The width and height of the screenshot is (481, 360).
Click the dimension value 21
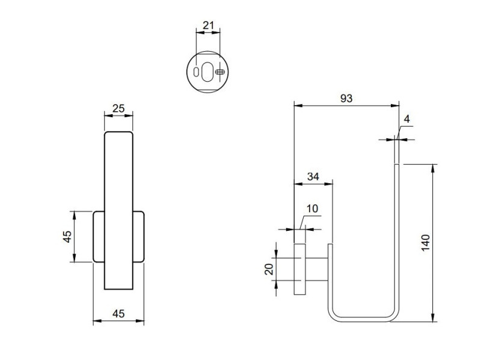click(209, 25)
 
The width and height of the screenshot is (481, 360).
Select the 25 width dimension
click(118, 109)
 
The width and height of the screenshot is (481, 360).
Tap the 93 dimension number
click(346, 98)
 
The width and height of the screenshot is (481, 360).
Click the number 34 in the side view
click(313, 177)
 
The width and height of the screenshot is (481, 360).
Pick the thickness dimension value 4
click(406, 119)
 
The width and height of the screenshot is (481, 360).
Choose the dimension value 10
click(311, 209)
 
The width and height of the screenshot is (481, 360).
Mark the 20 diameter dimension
click(269, 268)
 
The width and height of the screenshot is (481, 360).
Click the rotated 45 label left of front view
click(67, 236)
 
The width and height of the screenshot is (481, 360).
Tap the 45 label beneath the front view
click(118, 313)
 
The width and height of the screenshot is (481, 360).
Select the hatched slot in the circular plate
click(221, 72)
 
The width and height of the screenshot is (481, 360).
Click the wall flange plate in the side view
click(299, 269)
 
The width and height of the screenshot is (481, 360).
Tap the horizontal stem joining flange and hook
click(317, 268)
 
